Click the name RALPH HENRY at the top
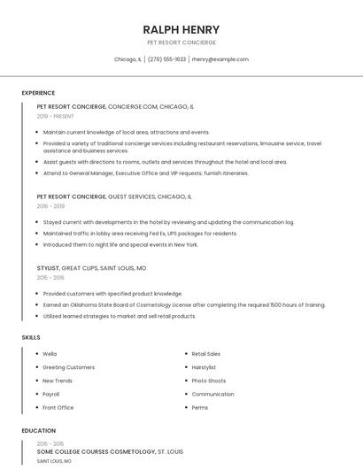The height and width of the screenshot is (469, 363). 181,29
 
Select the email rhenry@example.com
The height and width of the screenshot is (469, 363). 220,59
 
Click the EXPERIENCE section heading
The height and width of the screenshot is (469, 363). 38,93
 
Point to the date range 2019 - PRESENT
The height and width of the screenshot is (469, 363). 56,116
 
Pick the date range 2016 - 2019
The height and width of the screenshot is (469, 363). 50,206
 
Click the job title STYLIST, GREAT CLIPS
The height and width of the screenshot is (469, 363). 92,267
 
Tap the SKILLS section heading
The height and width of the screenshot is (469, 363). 31,337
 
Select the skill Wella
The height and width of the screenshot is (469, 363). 50,354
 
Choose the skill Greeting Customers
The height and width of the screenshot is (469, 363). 68,367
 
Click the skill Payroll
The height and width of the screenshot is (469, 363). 51,394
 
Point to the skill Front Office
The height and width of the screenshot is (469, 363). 58,407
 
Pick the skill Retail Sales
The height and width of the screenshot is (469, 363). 206,354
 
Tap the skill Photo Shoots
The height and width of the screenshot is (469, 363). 209,381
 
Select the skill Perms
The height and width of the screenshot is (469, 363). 200,407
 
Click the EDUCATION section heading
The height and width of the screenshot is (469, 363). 39,431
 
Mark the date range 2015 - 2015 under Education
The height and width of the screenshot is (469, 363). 50,443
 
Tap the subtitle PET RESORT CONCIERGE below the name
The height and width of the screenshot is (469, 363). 181,42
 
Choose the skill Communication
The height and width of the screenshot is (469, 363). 212,394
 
